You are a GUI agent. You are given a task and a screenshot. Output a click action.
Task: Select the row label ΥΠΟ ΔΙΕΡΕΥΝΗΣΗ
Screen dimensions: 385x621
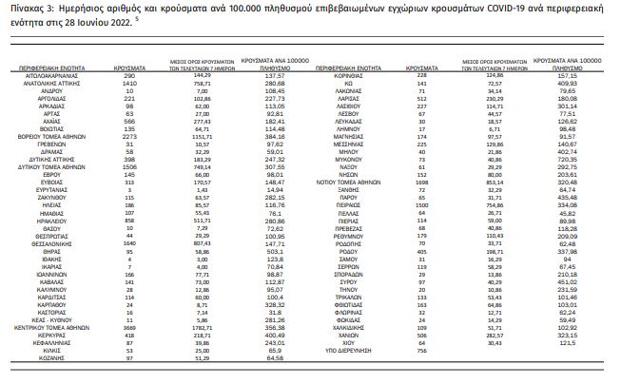pyautogui.click(x=345, y=351)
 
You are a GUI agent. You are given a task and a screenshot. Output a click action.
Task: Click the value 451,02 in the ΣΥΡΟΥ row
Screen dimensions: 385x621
pyautogui.click(x=569, y=281)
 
